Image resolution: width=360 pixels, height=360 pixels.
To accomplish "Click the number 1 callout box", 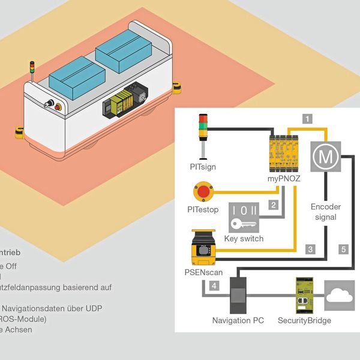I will click(308, 119).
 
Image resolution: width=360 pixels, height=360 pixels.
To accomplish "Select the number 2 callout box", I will click(274, 205).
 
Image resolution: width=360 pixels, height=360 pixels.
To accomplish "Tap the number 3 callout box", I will click(310, 248).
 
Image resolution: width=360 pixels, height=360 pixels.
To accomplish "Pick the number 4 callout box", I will click(215, 286).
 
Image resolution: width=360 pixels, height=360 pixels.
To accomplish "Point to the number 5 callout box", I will click(343, 248).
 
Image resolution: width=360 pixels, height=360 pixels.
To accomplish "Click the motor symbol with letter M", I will click(325, 157).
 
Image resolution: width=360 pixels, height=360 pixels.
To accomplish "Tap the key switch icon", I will click(244, 220).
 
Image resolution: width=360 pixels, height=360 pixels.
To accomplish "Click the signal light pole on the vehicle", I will click(32, 71).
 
